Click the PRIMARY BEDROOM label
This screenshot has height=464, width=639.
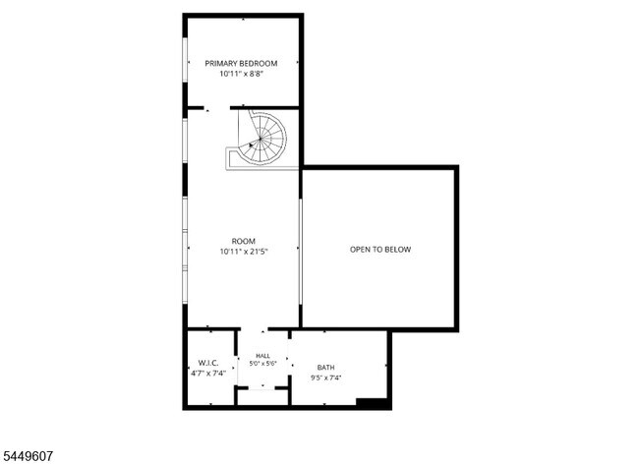[x=241, y=64]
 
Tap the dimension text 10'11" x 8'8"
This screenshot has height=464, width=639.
[x=241, y=74]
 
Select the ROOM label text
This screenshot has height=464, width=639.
[x=243, y=241]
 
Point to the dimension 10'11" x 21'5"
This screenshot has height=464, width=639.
[x=243, y=252]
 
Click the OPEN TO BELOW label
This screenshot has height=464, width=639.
[x=380, y=250]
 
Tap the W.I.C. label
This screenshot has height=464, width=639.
[x=208, y=363]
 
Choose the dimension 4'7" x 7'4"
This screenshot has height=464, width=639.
[x=208, y=374]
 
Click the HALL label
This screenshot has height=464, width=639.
[x=262, y=356]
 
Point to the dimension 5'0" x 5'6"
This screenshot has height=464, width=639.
[x=262, y=364]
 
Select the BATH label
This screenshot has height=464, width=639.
[x=325, y=368]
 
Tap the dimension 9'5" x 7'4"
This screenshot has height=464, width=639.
[x=325, y=378]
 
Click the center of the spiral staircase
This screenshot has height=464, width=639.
[x=260, y=140]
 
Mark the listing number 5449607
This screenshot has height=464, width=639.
[x=27, y=456]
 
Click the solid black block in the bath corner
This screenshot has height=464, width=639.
[x=372, y=402]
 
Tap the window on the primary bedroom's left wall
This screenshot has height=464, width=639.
[x=185, y=60]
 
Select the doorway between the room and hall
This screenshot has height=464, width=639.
[x=255, y=328]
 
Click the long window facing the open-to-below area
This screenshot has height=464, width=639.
[x=301, y=252]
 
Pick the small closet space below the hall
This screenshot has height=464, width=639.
[x=262, y=398]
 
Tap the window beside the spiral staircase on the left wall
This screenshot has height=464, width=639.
[x=185, y=141]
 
